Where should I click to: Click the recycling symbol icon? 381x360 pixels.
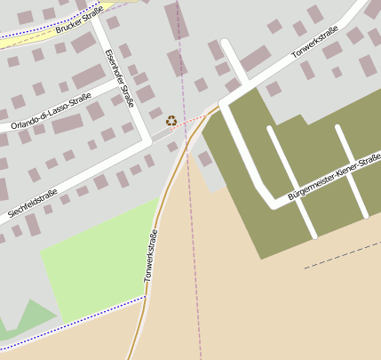tap(171, 120)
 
